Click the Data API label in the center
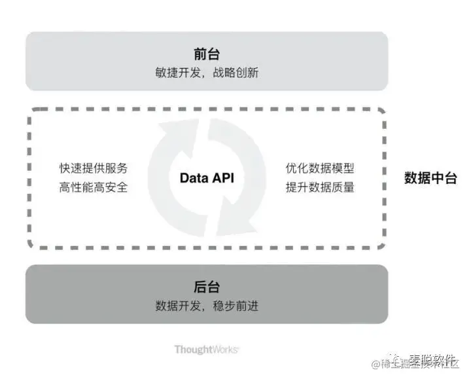pos(207,177)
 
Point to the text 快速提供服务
pos(94,168)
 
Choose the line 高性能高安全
pos(94,187)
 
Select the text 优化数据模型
pos(320,168)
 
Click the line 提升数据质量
pos(320,187)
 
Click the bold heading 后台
pos(207,287)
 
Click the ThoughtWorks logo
pos(206,350)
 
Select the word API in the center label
pos(222,177)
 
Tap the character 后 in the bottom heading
pos(200,287)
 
